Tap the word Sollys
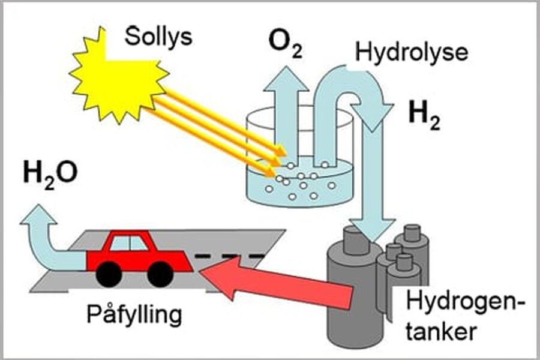coord(158,37)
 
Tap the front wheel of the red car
coord(160,274)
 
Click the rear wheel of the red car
coord(109,274)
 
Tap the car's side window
coord(129,242)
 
